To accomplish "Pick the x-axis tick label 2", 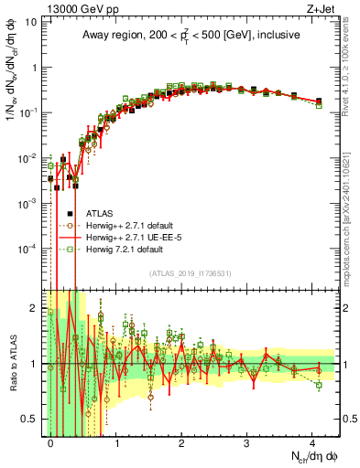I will [181, 444].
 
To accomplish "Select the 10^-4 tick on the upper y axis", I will [29, 248].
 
